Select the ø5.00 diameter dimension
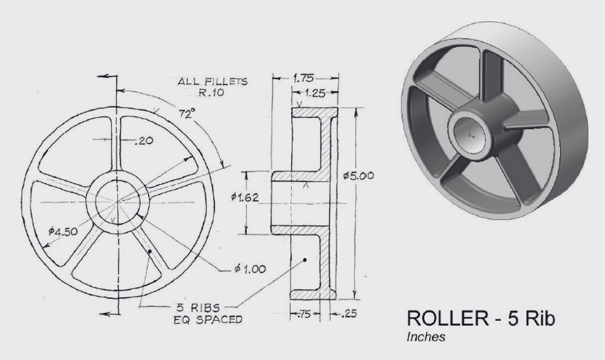[358, 176]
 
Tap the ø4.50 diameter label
[60, 232]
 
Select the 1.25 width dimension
[315, 91]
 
